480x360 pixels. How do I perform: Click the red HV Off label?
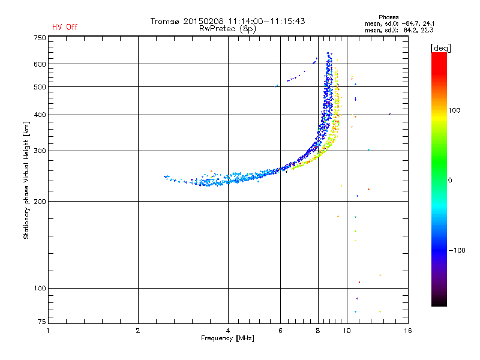tap(65, 27)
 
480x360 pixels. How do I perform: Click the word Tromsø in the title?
tap(164, 21)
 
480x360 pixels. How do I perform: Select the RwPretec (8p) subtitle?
tap(227, 29)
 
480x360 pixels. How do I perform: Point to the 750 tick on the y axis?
tap(40, 38)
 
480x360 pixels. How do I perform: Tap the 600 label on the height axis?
tap(40, 64)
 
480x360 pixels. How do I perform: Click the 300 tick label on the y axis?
tap(40, 151)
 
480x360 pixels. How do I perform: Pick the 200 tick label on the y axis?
tap(40, 202)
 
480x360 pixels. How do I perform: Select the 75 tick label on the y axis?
tap(42, 322)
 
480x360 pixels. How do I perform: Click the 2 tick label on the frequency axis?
tap(138, 331)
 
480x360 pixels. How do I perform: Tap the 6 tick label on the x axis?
tap(280, 331)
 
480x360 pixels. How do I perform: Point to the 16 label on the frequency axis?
tap(408, 331)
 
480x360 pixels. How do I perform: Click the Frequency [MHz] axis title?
tap(227, 338)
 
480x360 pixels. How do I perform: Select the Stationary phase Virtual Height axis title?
tap(26, 181)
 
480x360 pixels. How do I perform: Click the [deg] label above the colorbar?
tap(440, 48)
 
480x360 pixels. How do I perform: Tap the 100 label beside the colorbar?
tap(454, 110)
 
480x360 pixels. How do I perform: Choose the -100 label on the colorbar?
tap(457, 250)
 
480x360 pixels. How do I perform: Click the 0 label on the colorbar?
tap(450, 181)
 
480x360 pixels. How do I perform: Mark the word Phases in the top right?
tap(388, 17)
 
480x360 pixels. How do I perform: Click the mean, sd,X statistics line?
tap(399, 31)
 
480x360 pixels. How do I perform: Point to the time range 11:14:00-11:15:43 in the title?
tap(266, 21)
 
